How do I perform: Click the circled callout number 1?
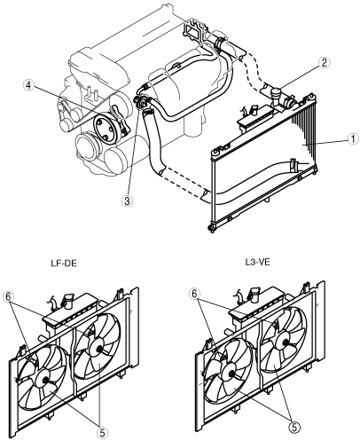pos(352,138)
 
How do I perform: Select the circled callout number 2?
pos(324,62)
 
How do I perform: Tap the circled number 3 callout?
pos(127,201)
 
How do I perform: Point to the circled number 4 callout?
pos(28,85)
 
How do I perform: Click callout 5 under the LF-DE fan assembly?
pos(102,433)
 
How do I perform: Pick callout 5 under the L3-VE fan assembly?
pos(293,426)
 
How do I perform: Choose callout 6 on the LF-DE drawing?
pos(9,296)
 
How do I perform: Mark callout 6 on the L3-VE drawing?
pos(194,294)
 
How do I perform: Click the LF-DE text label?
pos(64,263)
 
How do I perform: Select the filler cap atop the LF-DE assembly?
pos(67,299)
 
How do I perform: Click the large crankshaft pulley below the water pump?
pos(87,146)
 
